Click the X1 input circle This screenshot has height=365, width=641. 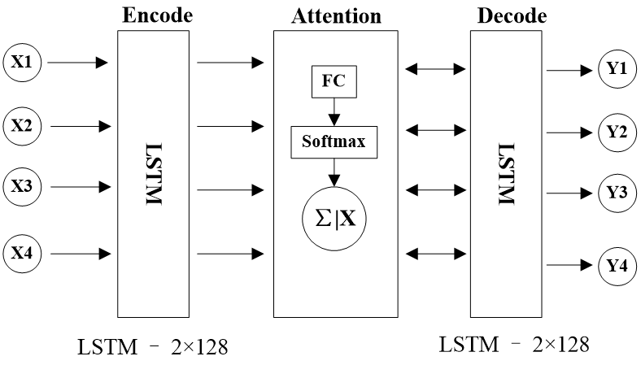[22, 63]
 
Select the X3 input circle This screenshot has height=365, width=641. [22, 187]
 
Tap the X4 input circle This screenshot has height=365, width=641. [22, 254]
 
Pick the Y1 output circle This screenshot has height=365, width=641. [617, 68]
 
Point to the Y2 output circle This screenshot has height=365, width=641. [617, 133]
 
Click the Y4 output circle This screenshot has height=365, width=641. [617, 267]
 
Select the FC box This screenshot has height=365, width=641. [334, 82]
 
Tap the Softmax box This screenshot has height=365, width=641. [334, 142]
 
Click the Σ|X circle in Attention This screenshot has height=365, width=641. [334, 219]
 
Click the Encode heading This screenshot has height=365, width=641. [157, 15]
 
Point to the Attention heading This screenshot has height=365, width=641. [336, 16]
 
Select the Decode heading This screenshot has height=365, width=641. [512, 16]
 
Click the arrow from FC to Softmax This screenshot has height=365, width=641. [334, 112]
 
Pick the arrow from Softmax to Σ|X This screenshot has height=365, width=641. [334, 172]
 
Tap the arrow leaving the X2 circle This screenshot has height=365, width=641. [81, 126]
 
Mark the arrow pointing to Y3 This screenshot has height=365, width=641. [569, 193]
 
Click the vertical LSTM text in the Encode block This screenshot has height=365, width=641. [154, 174]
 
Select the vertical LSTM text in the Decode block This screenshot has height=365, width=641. [506, 174]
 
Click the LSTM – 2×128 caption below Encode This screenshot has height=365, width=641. [152, 347]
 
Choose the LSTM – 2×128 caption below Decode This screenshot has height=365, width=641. [514, 344]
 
